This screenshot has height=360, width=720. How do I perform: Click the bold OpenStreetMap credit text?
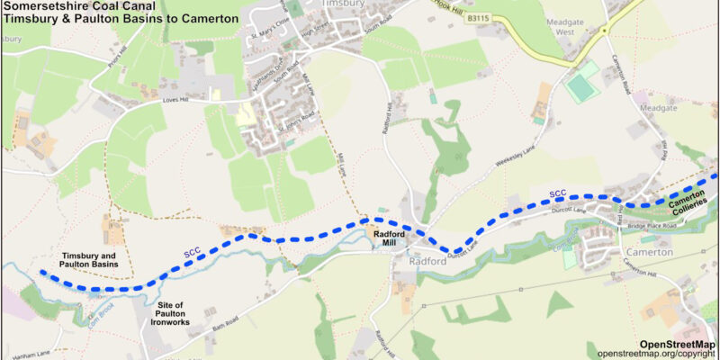pos(677,344)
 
